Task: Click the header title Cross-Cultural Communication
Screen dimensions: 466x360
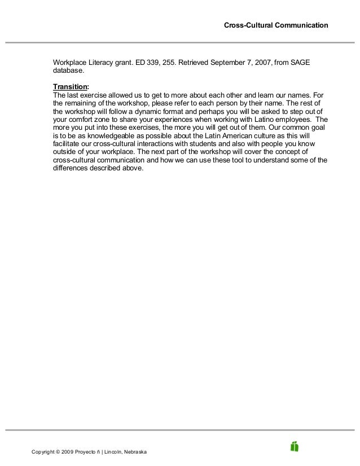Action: pos(275,25)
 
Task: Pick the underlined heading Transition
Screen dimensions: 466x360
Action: pos(70,87)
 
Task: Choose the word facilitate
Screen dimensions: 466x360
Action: pos(66,144)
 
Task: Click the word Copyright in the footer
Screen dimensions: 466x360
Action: pos(46,452)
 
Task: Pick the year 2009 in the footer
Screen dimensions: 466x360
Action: pos(75,452)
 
